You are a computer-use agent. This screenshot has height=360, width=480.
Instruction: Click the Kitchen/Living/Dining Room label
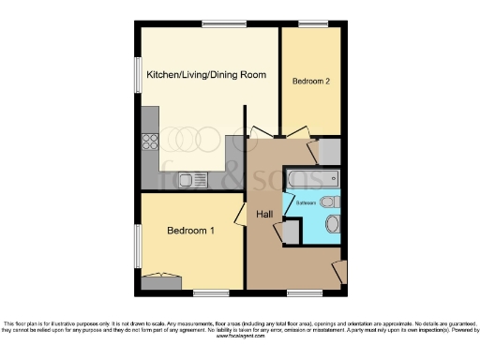[206, 75]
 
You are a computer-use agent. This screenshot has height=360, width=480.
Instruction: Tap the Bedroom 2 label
[310, 82]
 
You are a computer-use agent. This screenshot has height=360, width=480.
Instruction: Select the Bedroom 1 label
[190, 231]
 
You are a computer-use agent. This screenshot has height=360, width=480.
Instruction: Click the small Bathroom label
[307, 202]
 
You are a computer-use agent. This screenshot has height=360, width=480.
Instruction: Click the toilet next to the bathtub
[327, 202]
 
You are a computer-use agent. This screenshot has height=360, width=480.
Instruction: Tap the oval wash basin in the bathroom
[333, 223]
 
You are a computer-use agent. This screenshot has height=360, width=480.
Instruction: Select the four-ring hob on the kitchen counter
[149, 142]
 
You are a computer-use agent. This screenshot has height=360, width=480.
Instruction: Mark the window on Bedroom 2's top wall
[313, 23]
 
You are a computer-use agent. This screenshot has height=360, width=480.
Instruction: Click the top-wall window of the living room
[217, 23]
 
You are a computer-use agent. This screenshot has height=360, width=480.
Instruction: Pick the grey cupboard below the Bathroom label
[292, 231]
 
